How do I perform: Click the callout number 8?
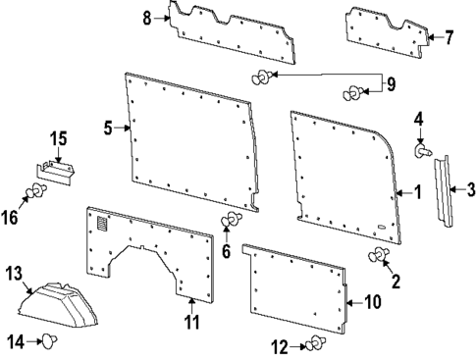(146, 18)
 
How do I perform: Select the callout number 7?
(450, 38)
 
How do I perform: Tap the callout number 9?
(391, 85)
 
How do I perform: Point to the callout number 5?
(109, 127)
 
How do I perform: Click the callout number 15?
(58, 139)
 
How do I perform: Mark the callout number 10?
(372, 303)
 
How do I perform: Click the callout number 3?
(471, 189)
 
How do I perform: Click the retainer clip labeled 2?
(378, 257)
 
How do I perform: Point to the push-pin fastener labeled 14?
(49, 341)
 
